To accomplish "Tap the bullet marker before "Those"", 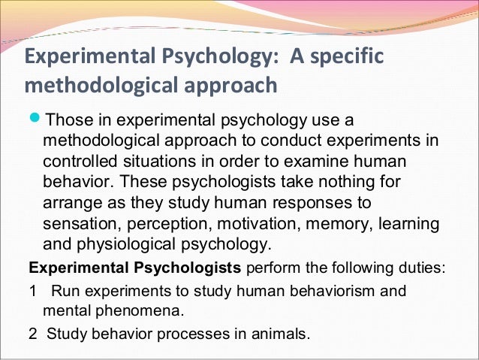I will click(x=35, y=121).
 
